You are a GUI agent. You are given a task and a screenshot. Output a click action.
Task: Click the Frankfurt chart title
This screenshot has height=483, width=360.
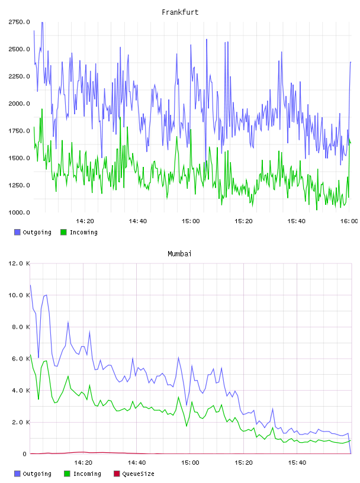point(180,12)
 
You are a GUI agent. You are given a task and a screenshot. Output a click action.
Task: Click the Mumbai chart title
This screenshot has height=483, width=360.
point(179,254)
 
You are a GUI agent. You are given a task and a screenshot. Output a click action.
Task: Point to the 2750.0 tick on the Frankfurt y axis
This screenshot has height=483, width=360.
point(19,22)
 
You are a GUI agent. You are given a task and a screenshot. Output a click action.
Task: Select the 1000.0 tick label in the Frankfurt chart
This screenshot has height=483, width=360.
point(19,212)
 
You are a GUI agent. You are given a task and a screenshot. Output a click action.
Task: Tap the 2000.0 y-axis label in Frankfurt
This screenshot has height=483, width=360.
point(19,104)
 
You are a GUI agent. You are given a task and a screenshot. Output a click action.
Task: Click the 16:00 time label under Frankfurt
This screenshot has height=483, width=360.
point(349,221)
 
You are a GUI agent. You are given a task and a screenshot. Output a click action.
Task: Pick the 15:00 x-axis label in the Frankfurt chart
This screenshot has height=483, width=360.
point(191,221)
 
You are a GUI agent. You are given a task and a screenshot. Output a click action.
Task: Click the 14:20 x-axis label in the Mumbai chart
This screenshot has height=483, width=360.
point(83,463)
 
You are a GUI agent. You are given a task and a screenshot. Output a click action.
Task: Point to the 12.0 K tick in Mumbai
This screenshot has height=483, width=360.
point(19,263)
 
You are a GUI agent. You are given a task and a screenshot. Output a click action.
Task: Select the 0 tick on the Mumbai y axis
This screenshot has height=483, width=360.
point(25,454)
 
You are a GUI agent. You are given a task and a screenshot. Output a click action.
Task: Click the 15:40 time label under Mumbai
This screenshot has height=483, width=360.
point(297,463)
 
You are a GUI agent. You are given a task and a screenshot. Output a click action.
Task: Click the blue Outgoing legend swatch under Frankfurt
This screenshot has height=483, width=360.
point(17,232)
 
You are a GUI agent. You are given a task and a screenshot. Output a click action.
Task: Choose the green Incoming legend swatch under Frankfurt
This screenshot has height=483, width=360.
point(63,232)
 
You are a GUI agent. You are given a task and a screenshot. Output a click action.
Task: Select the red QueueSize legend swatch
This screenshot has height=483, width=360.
point(117,474)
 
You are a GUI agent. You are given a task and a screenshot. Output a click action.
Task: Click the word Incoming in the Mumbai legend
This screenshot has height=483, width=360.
point(87,474)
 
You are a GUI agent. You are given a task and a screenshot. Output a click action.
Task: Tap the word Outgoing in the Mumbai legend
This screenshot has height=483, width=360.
point(37,474)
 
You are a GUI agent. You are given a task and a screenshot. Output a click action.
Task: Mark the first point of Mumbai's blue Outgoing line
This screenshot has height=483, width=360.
point(30,285)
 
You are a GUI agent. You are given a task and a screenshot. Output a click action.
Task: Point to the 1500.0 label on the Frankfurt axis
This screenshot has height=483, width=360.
point(19,158)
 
